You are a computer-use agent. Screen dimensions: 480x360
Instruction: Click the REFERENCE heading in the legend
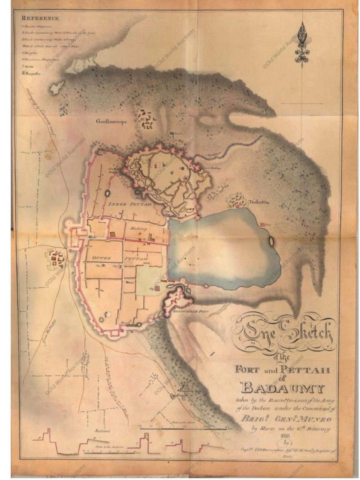coord(40,18)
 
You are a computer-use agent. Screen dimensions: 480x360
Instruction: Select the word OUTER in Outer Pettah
coord(101,258)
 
